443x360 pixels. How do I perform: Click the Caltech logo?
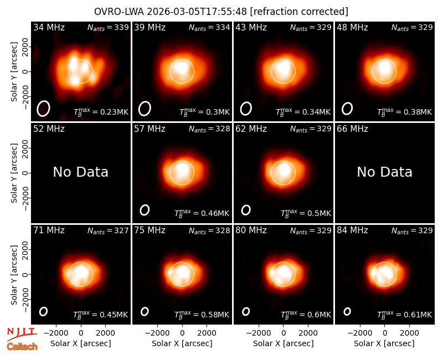pos(22,347)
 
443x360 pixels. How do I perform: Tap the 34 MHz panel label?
pos(49,27)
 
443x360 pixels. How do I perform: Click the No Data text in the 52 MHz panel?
pos(80,172)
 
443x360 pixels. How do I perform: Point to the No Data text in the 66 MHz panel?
pos(384,172)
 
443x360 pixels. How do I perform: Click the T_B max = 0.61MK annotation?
pos(404,314)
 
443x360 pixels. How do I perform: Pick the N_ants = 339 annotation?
pos(108,27)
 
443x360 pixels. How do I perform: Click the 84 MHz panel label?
pos(352,230)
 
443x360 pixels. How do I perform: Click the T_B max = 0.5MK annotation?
pos(306,213)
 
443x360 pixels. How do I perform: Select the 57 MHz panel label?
pos(150,129)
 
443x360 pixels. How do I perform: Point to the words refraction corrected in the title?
pos(299,12)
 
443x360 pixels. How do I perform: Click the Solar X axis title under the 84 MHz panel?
pos(384,343)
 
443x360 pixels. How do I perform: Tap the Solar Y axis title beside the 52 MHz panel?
pos(14,173)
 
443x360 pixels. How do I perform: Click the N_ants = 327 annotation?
pos(108,230)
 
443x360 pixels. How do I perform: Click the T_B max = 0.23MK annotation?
pos(101,111)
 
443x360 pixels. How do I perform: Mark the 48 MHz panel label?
pos(352,27)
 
